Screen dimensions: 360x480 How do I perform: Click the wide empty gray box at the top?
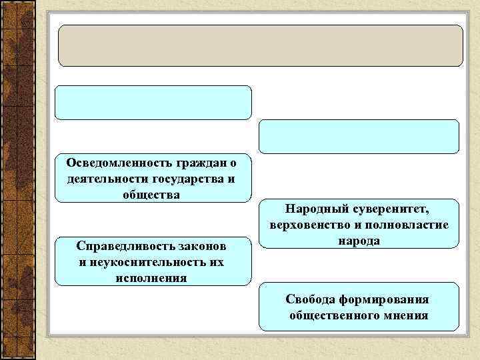[x=261, y=45]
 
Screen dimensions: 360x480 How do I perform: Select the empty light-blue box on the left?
[x=153, y=102]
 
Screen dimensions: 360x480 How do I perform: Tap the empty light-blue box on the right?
[x=359, y=137]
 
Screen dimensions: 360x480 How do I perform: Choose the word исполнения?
[x=153, y=277]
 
